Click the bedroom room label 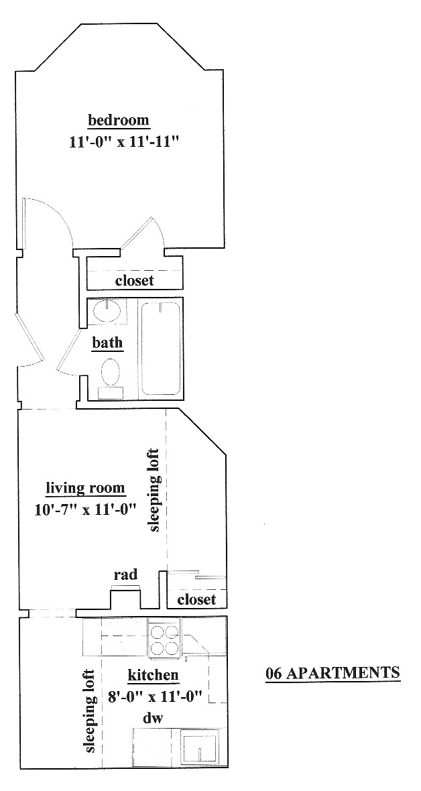tap(119, 121)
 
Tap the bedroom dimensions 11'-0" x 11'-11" tap(125, 141)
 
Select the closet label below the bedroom tap(134, 280)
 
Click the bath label tap(107, 343)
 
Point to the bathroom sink tap(106, 311)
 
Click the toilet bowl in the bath tap(111, 372)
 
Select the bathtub tap(160, 348)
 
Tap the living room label tap(85, 488)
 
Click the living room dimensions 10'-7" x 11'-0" tap(86, 509)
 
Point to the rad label tap(125, 574)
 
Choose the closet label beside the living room tap(197, 599)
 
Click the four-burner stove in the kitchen tap(164, 640)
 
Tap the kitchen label tap(152, 675)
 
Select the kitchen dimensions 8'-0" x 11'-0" tap(156, 696)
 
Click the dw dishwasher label tap(153, 719)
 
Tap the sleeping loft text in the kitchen tap(89, 711)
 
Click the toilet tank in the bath tap(111, 392)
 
